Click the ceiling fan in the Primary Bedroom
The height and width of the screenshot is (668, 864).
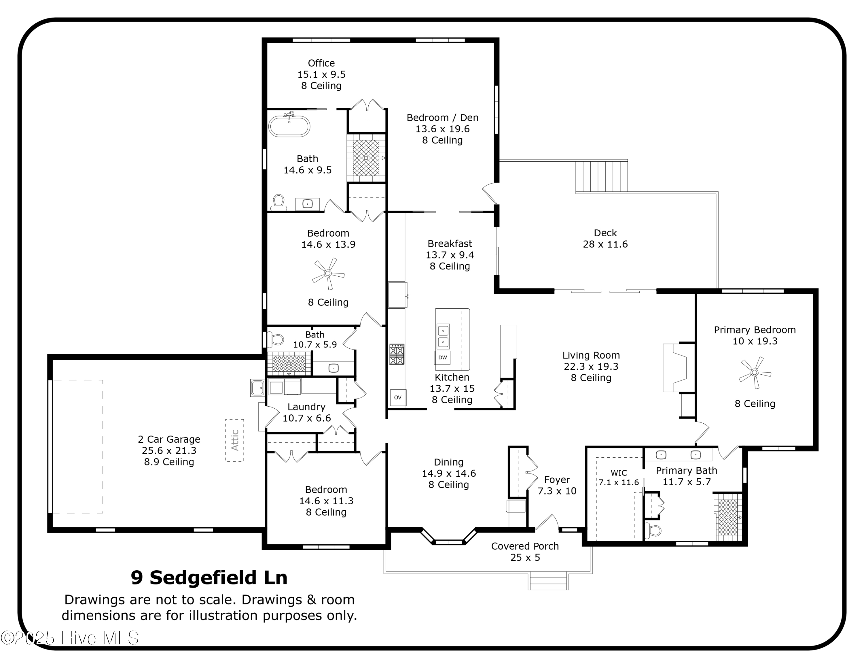pos(755,372)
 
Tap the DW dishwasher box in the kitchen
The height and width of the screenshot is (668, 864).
pos(442,357)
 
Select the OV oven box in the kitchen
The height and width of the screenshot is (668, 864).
pos(397,397)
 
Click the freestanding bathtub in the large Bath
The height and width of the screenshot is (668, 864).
pos(289,126)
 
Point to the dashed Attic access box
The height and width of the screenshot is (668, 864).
pos(235,440)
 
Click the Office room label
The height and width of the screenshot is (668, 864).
pos(321,63)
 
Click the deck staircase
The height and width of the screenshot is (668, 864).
pos(601,176)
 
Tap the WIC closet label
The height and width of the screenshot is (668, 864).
pos(618,473)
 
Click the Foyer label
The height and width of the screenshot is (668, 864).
pos(557,480)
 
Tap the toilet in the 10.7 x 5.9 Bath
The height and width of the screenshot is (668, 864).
pos(276,339)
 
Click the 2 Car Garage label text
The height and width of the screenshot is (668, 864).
pos(169,439)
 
